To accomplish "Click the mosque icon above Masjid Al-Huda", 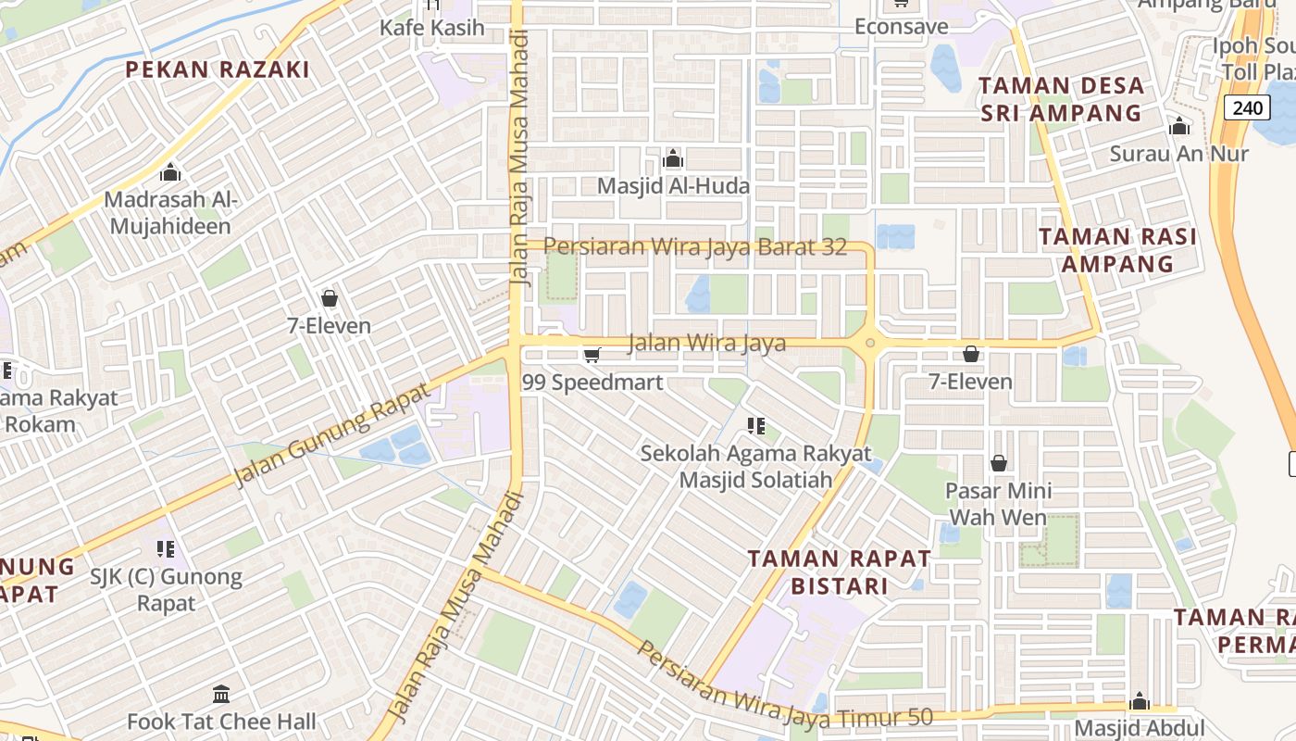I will [x=673, y=158].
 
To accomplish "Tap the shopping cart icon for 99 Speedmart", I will [x=592, y=355].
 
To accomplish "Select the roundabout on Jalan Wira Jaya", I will [x=869, y=344].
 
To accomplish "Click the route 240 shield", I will [x=1247, y=107].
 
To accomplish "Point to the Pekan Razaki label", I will [x=218, y=69].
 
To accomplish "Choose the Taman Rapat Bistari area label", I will [x=839, y=571].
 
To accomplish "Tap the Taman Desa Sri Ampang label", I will [x=1061, y=99].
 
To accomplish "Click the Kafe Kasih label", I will [x=432, y=28].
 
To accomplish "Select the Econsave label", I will [x=901, y=27].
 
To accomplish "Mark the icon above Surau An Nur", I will [x=1178, y=126].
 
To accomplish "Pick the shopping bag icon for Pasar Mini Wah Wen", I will [x=999, y=462].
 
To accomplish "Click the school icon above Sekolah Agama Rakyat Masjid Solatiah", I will [x=756, y=426].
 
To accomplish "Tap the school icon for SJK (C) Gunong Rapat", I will [x=166, y=549].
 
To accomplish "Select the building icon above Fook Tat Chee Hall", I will [x=221, y=694].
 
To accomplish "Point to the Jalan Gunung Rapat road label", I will [x=332, y=435].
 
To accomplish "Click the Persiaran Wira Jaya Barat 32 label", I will [x=695, y=247].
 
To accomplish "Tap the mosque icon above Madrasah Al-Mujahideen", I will [x=169, y=172].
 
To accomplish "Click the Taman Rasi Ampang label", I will [x=1117, y=249].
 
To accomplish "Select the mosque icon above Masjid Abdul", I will [x=1140, y=700].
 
